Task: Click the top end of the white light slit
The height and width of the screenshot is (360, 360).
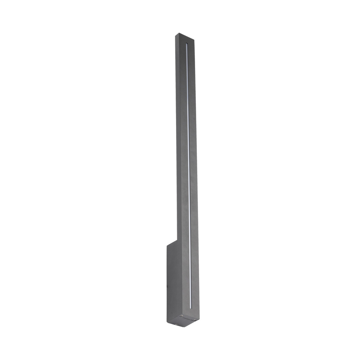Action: (186, 45)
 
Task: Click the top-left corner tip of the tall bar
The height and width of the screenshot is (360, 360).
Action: (176, 34)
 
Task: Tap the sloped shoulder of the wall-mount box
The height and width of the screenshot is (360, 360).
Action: (172, 243)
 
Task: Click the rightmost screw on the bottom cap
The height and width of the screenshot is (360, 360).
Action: (195, 319)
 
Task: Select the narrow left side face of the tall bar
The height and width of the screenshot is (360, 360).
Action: (178, 144)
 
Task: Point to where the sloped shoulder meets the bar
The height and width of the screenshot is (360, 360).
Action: (177, 240)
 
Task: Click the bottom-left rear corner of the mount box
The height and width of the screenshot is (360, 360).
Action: (167, 321)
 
